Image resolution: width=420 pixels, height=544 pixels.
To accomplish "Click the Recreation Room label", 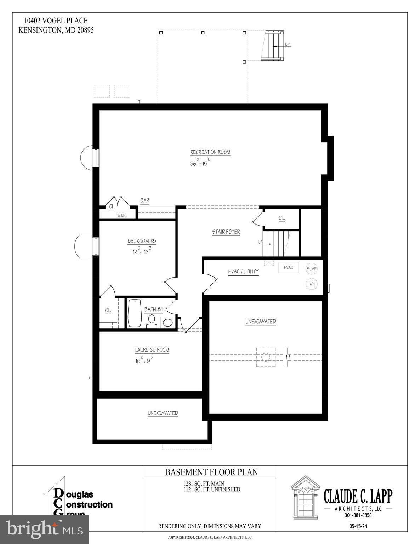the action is [210, 152].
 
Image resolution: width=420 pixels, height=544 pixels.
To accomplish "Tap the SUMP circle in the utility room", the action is [312, 269].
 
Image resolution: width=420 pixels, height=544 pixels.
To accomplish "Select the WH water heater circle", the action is [312, 284].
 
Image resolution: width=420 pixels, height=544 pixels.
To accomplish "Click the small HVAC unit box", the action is [289, 267].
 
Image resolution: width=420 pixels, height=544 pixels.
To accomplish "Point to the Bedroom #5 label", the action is [142, 241].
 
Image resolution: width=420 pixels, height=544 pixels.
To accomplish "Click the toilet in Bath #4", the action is [152, 322].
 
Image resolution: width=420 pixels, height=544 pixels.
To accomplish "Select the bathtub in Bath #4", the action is [135, 313].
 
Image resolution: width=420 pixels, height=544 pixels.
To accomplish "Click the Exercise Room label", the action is [152, 350].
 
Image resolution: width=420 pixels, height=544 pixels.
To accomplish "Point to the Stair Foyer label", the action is [226, 232].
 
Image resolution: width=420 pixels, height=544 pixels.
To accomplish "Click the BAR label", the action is [145, 200].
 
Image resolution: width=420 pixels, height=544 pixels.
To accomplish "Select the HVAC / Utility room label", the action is [243, 271].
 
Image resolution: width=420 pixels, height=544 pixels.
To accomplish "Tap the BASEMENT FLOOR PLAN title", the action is [211, 472].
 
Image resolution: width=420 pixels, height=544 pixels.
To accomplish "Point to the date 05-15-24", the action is [358, 526].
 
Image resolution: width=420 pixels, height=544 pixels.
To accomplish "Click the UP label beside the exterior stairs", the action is [287, 44].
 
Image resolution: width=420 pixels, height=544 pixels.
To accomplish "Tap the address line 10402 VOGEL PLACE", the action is [56, 21].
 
